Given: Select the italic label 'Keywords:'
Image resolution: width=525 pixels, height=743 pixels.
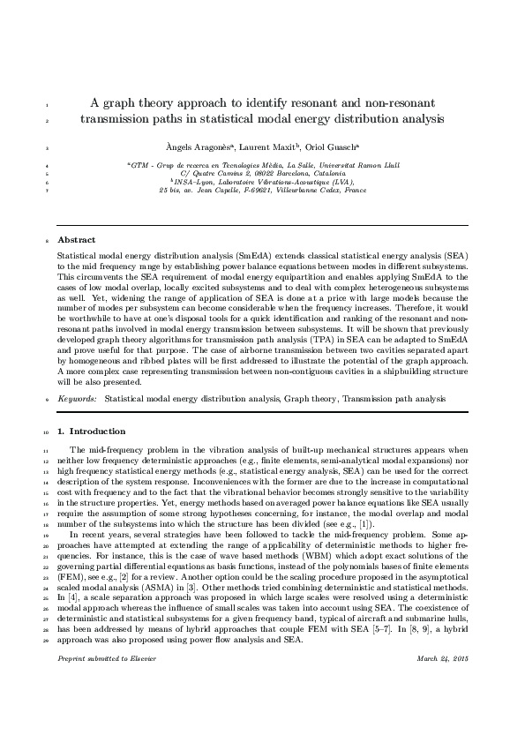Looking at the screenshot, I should [77, 399].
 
